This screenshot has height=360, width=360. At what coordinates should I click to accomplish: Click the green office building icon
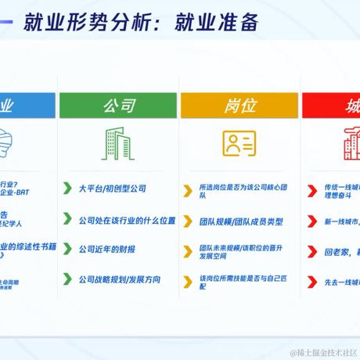pos(117,143)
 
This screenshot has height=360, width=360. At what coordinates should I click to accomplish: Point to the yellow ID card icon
pos(239,143)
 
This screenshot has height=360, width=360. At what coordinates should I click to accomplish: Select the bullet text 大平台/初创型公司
pos(112,189)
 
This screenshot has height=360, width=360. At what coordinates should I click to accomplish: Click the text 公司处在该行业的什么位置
pos(127,221)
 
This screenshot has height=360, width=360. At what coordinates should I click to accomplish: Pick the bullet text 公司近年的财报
pos(106,249)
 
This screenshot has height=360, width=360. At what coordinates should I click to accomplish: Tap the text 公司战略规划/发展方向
pos(121,279)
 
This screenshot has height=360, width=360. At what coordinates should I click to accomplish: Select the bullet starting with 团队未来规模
pos(241,251)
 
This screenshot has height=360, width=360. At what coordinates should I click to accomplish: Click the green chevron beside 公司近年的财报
pos(68,249)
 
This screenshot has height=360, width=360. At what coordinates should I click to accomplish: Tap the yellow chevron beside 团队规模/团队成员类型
pos(189,221)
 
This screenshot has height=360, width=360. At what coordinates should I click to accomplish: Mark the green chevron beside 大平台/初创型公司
pos(68,189)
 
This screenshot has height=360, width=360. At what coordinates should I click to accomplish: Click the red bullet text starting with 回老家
pos(341,252)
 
